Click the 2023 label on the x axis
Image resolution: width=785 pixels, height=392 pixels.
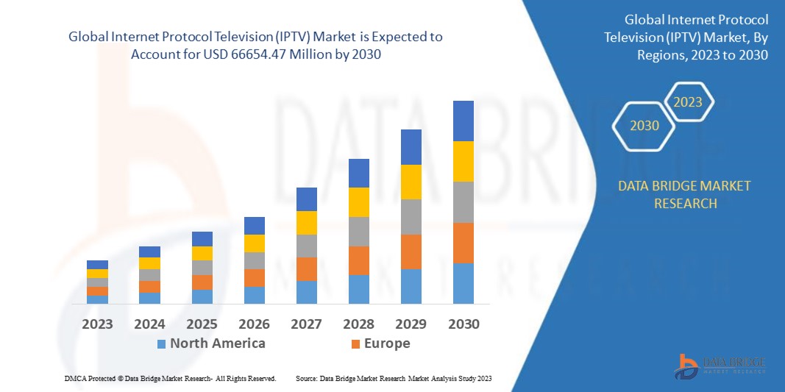click(x=97, y=324)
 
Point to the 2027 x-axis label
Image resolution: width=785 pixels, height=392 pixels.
click(x=307, y=324)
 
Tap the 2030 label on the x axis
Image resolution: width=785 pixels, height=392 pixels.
click(x=463, y=324)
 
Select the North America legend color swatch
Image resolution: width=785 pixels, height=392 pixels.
click(x=161, y=343)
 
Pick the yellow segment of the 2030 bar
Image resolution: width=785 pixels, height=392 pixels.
click(x=463, y=161)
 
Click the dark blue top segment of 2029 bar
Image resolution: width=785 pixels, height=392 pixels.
click(x=411, y=147)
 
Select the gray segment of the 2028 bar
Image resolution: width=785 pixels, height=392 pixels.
click(x=359, y=232)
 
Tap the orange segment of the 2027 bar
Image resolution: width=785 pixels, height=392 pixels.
click(x=307, y=269)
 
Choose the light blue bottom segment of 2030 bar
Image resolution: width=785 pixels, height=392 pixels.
click(x=463, y=283)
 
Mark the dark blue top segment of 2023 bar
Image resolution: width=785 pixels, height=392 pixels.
click(x=97, y=265)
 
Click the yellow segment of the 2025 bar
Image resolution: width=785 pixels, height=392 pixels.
click(x=202, y=253)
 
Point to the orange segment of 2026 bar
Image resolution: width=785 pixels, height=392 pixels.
click(x=255, y=278)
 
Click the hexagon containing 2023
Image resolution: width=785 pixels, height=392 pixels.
click(x=688, y=102)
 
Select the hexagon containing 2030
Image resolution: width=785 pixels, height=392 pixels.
click(x=644, y=126)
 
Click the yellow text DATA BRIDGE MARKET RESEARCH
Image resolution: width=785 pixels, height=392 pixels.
click(x=685, y=194)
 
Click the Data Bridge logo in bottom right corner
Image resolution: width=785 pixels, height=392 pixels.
click(x=720, y=366)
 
